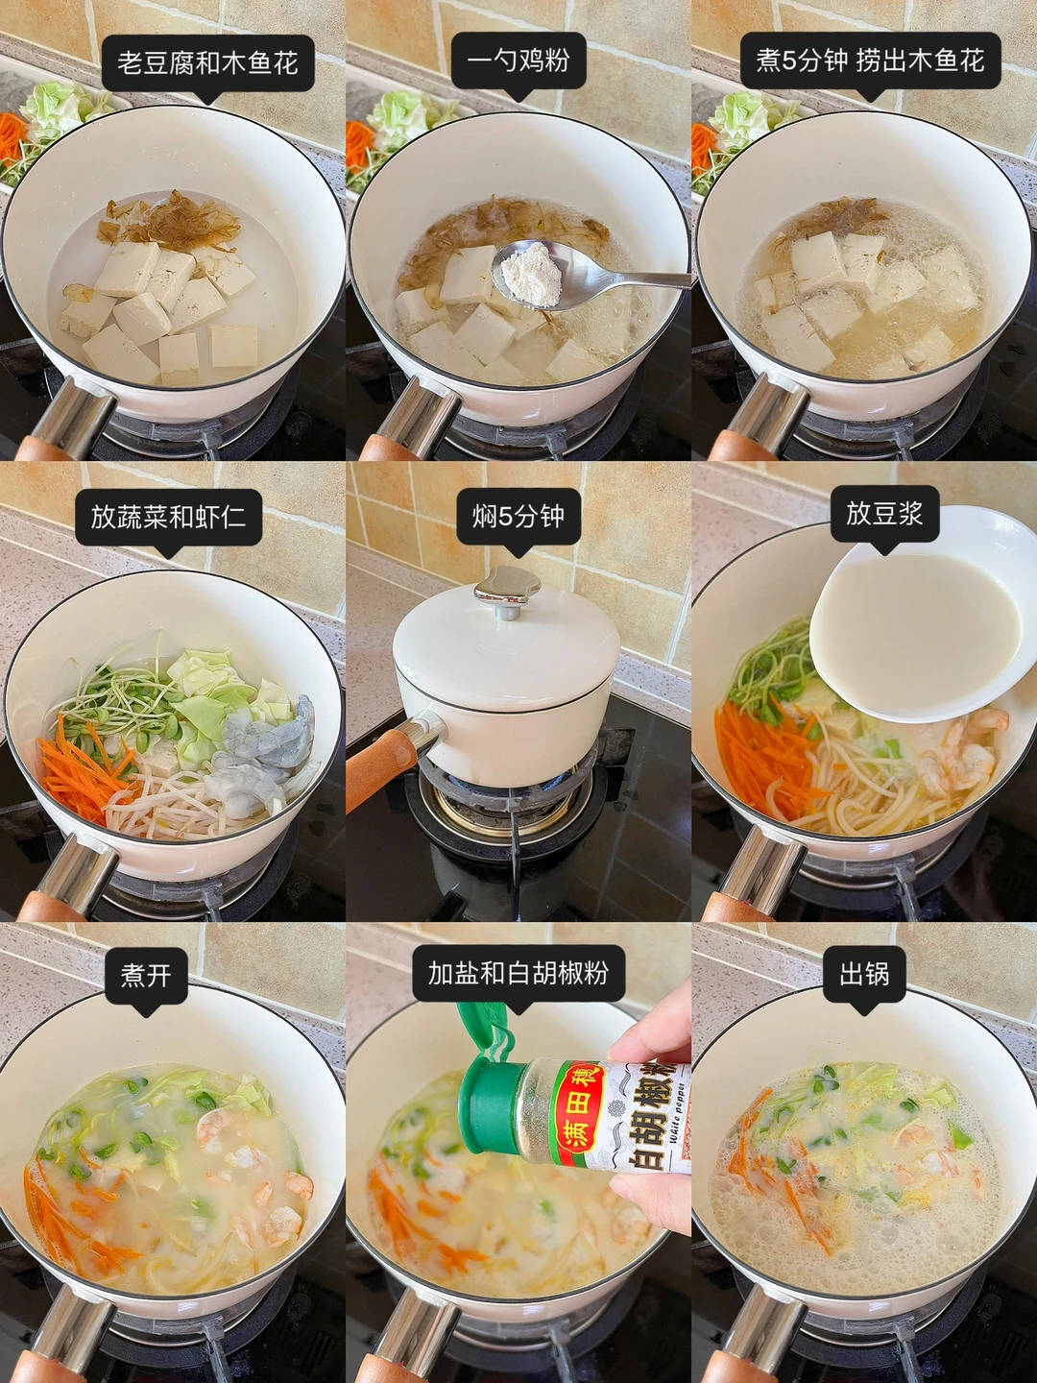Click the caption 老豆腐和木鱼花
click(x=207, y=63)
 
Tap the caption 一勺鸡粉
click(x=518, y=61)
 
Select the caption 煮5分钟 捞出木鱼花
click(x=870, y=61)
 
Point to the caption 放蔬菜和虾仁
click(x=168, y=517)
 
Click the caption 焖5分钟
click(x=518, y=517)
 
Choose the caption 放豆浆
click(x=884, y=514)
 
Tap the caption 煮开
click(x=146, y=976)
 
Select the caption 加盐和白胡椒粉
click(x=518, y=973)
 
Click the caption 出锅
click(x=864, y=974)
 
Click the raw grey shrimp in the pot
click(x=259, y=754)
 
